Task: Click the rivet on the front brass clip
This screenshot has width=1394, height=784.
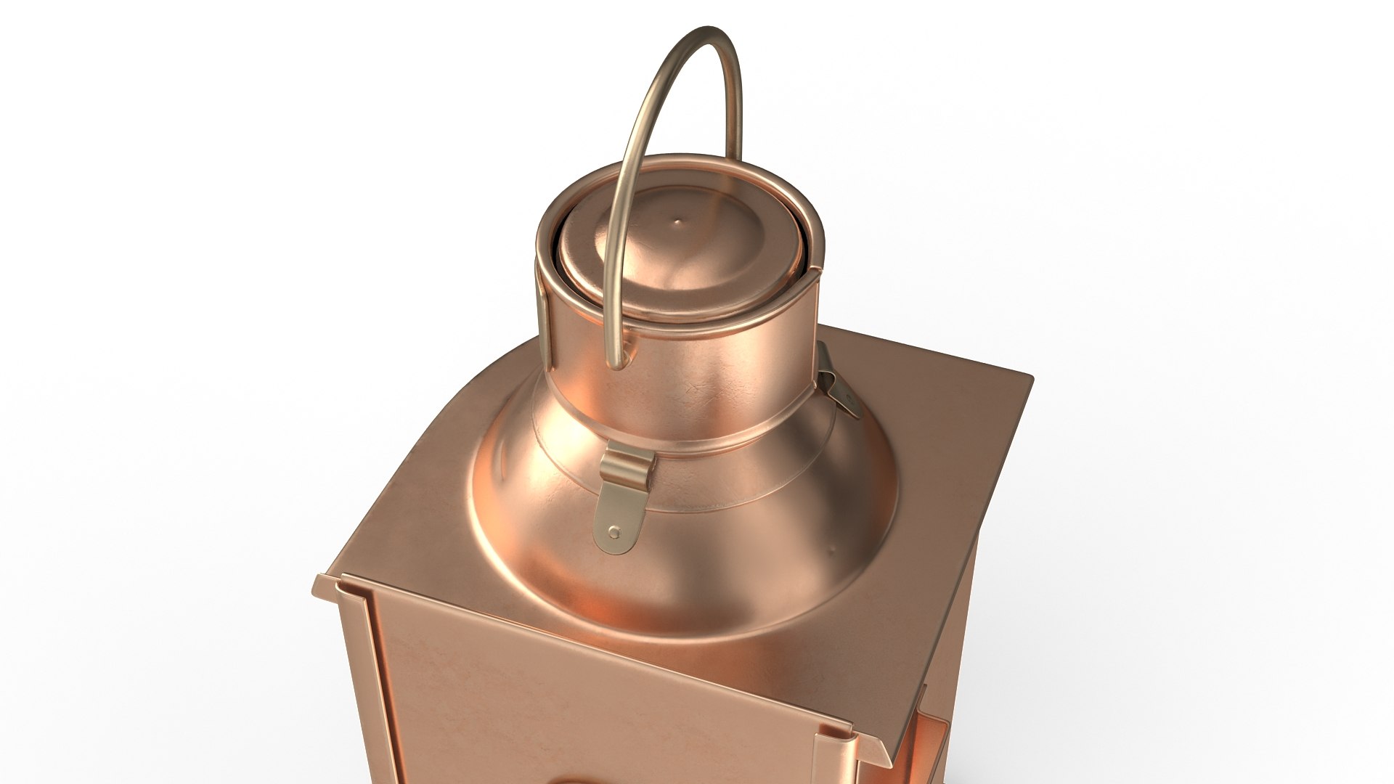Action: coord(615,533)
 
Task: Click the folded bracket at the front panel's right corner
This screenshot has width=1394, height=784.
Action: coord(835,755)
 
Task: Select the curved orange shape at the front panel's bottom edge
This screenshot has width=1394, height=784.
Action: coord(574,780)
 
